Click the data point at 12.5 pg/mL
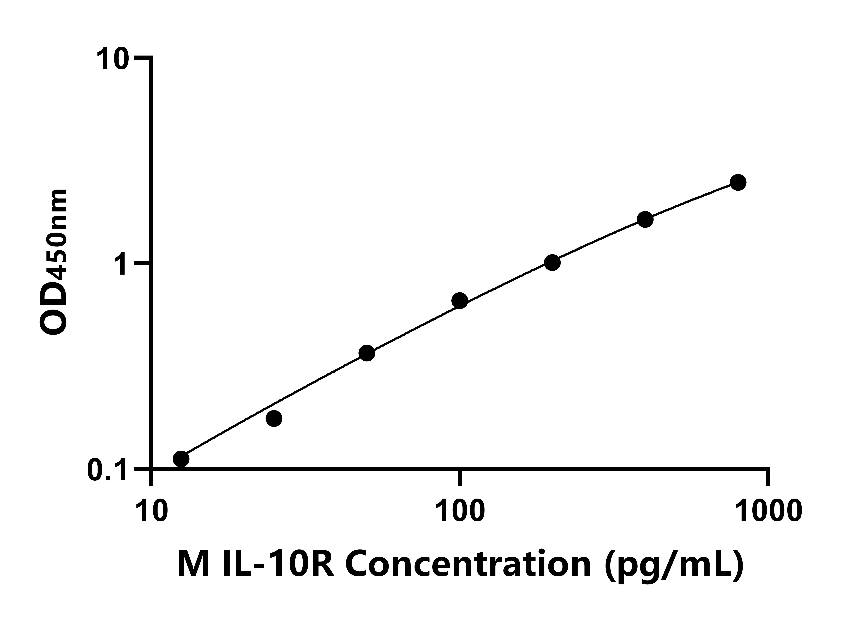pyautogui.click(x=181, y=459)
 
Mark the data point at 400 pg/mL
pyautogui.click(x=645, y=219)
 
